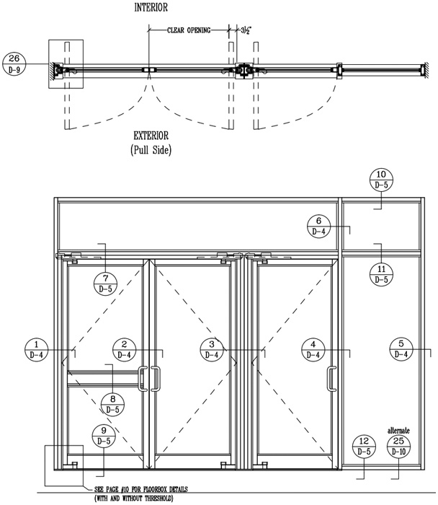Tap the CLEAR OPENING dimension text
tap(189, 30)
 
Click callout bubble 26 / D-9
tap(15, 63)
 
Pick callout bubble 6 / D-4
tap(320, 227)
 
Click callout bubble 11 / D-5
tap(382, 273)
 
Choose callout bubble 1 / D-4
tap(37, 349)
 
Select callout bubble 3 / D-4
tap(211, 349)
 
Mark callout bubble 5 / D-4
tap(401, 349)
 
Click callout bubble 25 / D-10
tap(398, 447)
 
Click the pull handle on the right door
tap(331, 380)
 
